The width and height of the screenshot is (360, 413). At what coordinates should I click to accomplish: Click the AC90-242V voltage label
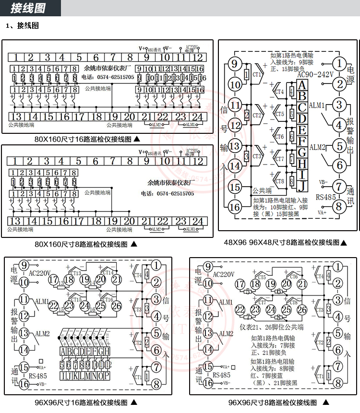(x=315, y=75)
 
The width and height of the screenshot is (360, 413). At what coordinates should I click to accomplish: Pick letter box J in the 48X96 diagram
(x=302, y=186)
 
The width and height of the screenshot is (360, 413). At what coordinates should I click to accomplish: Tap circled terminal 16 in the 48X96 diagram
(x=235, y=207)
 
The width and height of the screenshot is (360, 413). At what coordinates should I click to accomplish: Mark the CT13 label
(x=75, y=273)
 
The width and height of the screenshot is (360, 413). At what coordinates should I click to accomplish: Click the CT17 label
(x=262, y=303)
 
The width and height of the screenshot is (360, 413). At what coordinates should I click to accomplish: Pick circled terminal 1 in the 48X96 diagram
(x=339, y=63)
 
